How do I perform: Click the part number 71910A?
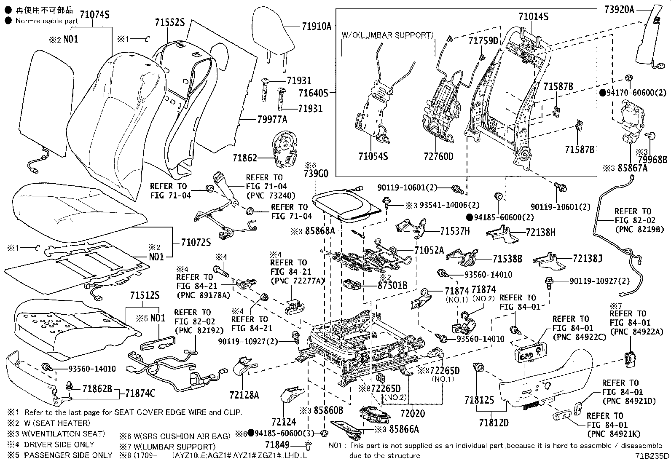tap(316, 27)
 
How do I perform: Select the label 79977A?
tap(271, 120)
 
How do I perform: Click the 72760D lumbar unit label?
tap(438, 156)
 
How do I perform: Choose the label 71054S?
tap(373, 156)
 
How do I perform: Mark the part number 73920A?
tap(619, 10)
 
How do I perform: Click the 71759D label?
tap(483, 41)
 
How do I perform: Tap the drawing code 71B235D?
tap(653, 455)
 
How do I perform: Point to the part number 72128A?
tap(244, 395)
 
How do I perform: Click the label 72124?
tap(284, 422)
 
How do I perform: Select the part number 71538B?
tap(507, 259)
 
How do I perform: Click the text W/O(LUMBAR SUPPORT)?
tap(387, 35)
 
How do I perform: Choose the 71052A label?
tap(429, 250)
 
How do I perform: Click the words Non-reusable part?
tap(47, 20)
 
